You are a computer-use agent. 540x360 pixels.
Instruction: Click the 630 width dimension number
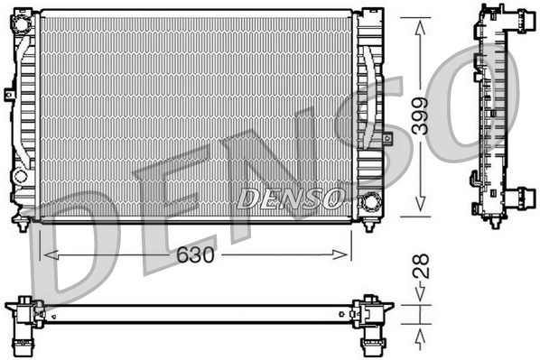(x=195, y=255)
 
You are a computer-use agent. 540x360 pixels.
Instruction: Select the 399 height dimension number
(x=421, y=116)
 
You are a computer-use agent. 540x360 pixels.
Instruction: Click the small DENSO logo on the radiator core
(x=289, y=197)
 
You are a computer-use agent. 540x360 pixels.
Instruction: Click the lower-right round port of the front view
(x=369, y=201)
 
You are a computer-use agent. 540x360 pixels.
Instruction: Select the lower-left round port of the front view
(x=21, y=175)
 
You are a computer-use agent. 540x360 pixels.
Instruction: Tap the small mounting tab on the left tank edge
(x=8, y=94)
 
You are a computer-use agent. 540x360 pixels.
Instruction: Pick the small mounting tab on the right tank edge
(x=386, y=138)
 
